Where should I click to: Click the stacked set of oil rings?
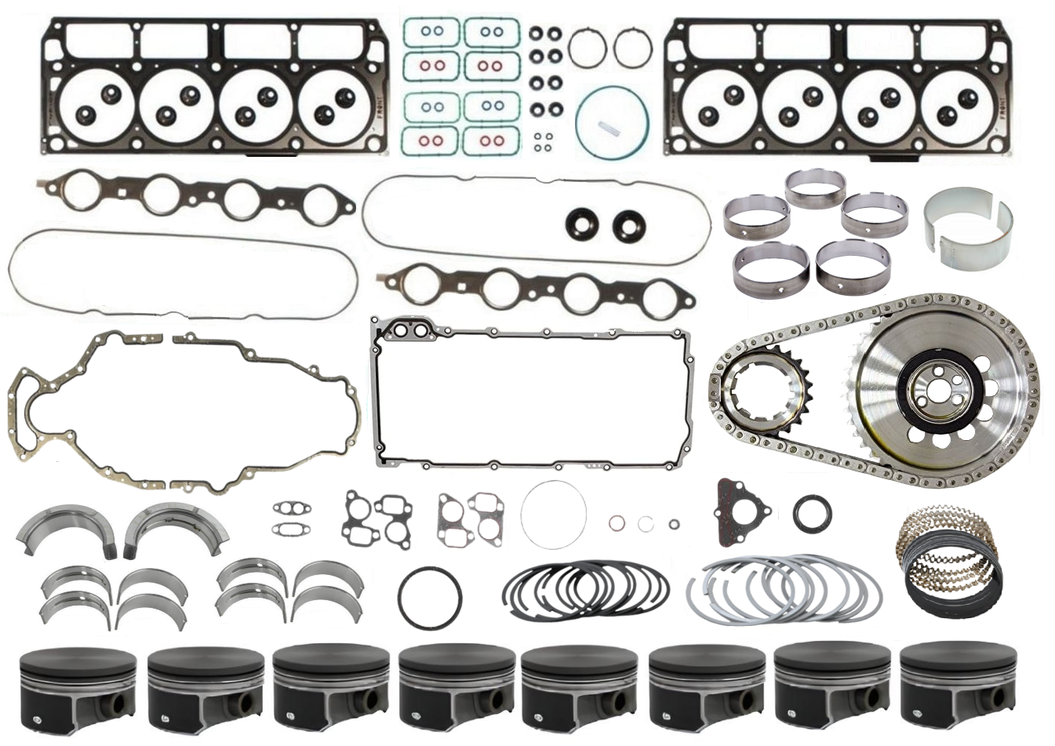[950, 561]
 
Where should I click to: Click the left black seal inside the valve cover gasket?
[581, 224]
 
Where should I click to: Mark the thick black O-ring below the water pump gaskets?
[429, 597]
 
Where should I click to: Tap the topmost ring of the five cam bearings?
[816, 188]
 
